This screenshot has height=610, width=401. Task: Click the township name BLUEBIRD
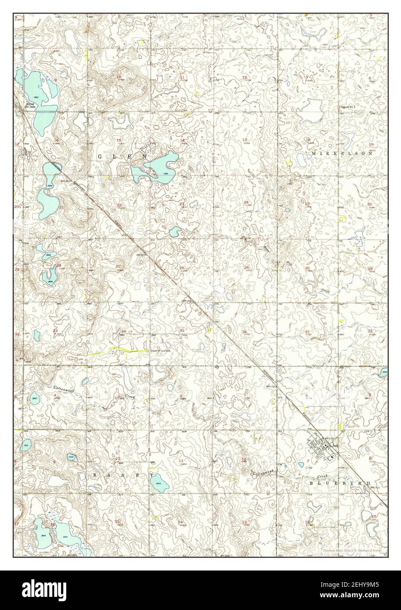(x=341, y=483)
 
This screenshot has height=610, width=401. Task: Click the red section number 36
(x=244, y=332)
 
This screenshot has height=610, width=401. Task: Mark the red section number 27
(x=118, y=266)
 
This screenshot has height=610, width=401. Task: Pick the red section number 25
(x=247, y=268)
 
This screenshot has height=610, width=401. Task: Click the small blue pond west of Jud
(x=301, y=464)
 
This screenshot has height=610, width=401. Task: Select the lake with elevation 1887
(x=34, y=399)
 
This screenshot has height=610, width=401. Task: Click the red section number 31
(x=308, y=332)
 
